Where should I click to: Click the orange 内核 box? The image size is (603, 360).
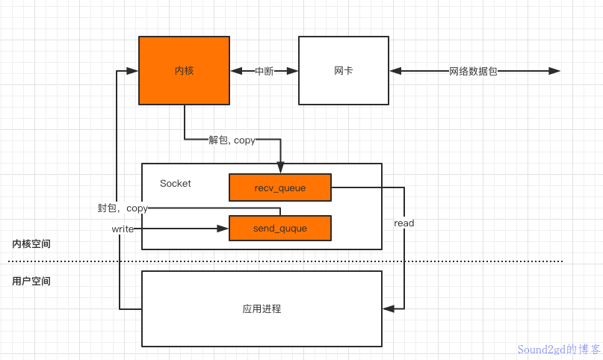(184, 70)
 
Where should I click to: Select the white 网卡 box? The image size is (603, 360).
(343, 70)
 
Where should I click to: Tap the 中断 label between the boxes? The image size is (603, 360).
(264, 71)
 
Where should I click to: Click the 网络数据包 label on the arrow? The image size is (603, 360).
(473, 71)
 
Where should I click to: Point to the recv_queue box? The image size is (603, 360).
(279, 188)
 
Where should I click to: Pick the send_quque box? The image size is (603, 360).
(279, 228)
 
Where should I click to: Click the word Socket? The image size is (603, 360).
(176, 183)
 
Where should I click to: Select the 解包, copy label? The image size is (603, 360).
(232, 140)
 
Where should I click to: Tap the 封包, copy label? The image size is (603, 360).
(123, 208)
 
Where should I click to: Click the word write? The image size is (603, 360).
(123, 229)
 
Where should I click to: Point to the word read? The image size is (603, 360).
(404, 223)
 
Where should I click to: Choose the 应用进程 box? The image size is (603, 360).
(262, 308)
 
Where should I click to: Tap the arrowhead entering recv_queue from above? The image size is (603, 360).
(280, 169)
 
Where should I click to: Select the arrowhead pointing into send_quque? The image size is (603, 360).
(223, 229)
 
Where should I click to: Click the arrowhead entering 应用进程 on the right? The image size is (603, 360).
(387, 308)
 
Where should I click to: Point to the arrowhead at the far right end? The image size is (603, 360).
(554, 71)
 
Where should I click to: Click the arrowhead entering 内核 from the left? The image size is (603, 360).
(133, 71)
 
